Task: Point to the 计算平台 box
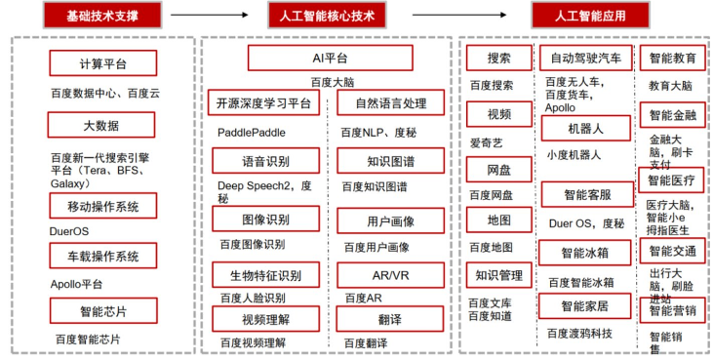102,64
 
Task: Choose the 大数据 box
102,126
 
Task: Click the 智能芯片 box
102,311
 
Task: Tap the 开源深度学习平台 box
264,103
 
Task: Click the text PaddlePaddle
253,132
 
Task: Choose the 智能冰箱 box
585,254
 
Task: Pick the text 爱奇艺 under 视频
488,142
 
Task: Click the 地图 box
499,220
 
